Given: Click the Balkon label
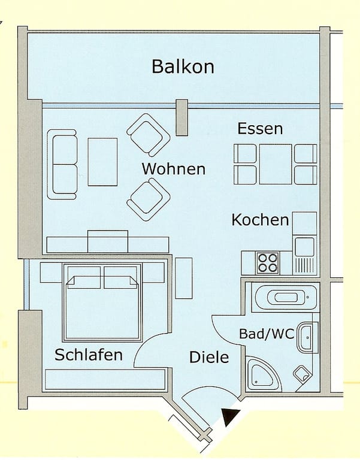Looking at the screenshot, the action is tap(183, 66).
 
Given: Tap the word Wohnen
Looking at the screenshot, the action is tap(174, 169).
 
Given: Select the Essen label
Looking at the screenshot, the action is tap(260, 129).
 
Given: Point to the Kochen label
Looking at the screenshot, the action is tap(260, 220).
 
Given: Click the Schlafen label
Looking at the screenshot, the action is tap(89, 355).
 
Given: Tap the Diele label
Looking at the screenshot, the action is tap(209, 357).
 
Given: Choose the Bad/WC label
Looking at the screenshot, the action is tap(267, 334).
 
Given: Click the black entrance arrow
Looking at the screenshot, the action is tap(231, 417).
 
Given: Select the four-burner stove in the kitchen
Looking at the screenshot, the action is tap(267, 263).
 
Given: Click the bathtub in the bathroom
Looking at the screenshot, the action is tap(286, 298).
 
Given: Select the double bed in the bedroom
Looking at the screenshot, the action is tap(102, 302).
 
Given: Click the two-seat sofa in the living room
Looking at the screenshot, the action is tap(62, 165).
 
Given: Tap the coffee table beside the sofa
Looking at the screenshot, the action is tap(102, 162).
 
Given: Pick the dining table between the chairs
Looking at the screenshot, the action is tap(276, 164).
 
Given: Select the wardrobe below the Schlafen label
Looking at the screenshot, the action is tap(105, 379).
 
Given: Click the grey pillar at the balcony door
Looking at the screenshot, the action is tap(181, 117).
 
